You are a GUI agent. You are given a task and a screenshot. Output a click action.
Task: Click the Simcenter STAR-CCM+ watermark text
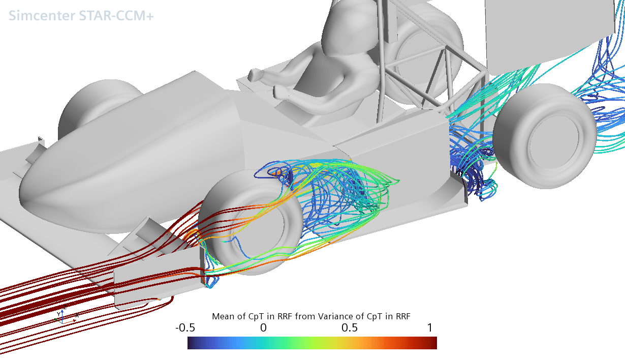click(x=81, y=16)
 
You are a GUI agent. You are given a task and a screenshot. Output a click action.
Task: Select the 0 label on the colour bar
click(x=263, y=328)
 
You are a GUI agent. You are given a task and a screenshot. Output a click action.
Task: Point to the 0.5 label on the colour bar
click(x=350, y=328)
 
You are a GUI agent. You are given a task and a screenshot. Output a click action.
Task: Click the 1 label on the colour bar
click(x=430, y=328)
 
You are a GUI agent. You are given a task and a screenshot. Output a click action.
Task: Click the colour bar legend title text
click(x=311, y=316)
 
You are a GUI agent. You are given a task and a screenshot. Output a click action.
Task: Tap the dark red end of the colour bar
click(x=432, y=343)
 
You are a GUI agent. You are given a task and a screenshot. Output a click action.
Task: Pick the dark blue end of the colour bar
click(x=192, y=343)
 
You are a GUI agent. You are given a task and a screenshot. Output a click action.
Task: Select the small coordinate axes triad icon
click(x=62, y=316)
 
